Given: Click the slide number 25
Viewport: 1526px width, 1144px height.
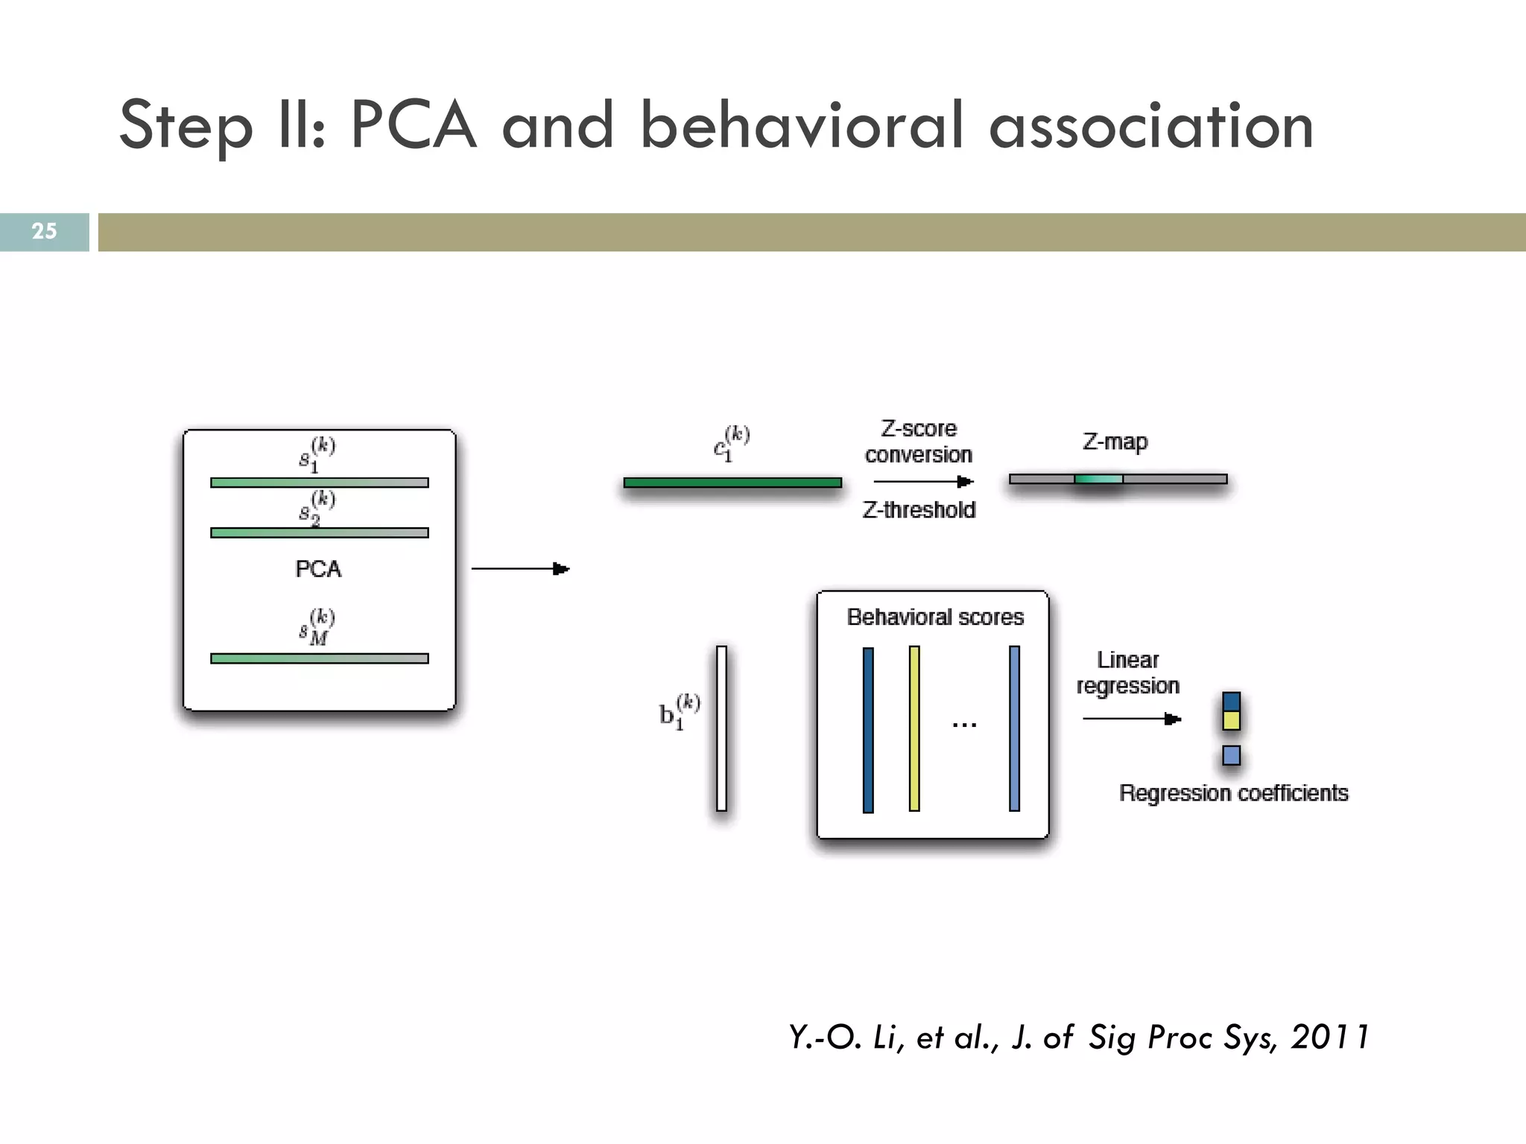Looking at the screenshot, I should click(x=44, y=231).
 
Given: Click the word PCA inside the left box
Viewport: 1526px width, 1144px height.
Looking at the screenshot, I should click(x=318, y=569).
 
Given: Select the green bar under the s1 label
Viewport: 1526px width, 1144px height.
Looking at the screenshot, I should click(x=319, y=483).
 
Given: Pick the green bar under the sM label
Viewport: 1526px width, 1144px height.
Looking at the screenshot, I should click(x=319, y=658).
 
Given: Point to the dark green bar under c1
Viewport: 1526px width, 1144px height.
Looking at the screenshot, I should click(x=732, y=483).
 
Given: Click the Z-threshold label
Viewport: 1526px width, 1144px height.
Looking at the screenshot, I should click(x=919, y=510).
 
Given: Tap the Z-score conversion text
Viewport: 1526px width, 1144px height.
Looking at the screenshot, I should click(x=919, y=442).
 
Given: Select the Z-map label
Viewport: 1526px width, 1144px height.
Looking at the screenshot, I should click(x=1115, y=442).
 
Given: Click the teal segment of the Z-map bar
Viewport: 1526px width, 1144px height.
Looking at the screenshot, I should click(x=1098, y=479).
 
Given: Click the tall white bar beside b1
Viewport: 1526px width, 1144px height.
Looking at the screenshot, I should click(x=721, y=728).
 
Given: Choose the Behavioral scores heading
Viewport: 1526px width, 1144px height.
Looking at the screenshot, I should click(x=935, y=617).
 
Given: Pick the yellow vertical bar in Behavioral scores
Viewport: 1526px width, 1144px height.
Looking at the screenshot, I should click(x=914, y=728).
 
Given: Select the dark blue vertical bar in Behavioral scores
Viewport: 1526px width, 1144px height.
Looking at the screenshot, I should click(x=868, y=729).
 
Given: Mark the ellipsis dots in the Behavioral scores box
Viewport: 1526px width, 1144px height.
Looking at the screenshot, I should click(x=964, y=724).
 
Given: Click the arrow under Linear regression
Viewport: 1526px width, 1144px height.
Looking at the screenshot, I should click(x=1131, y=719).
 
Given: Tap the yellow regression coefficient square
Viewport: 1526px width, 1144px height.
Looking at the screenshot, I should click(x=1232, y=720).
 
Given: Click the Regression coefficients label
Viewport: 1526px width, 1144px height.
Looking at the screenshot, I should click(x=1233, y=793).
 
